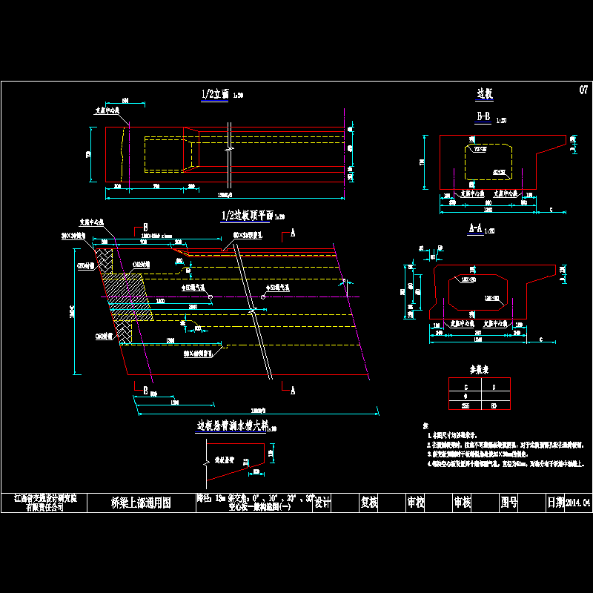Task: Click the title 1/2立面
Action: pyautogui.click(x=216, y=95)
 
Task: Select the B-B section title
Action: pyautogui.click(x=483, y=117)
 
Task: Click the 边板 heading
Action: pyautogui.click(x=485, y=94)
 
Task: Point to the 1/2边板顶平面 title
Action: pyautogui.click(x=247, y=216)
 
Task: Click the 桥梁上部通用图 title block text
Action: pyautogui.click(x=141, y=503)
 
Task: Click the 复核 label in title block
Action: pyautogui.click(x=369, y=503)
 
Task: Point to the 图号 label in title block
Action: pyautogui.click(x=508, y=503)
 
